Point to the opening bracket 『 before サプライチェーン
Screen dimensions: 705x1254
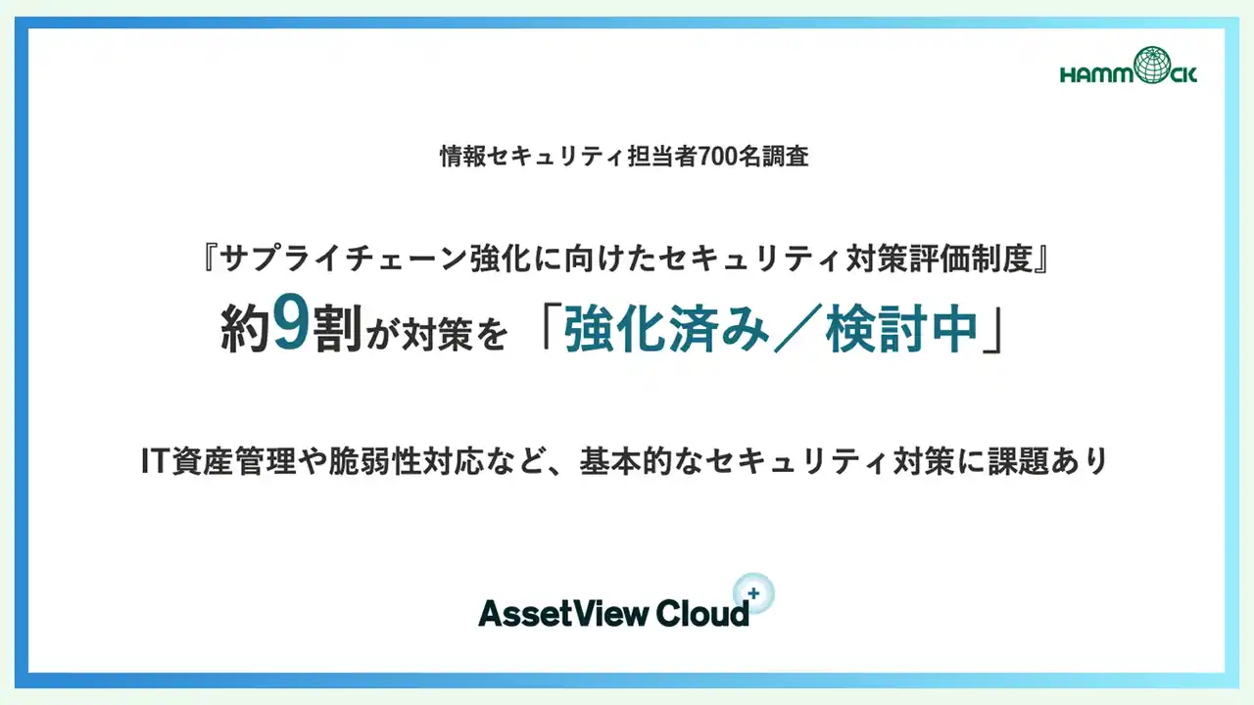pyautogui.click(x=208, y=258)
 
